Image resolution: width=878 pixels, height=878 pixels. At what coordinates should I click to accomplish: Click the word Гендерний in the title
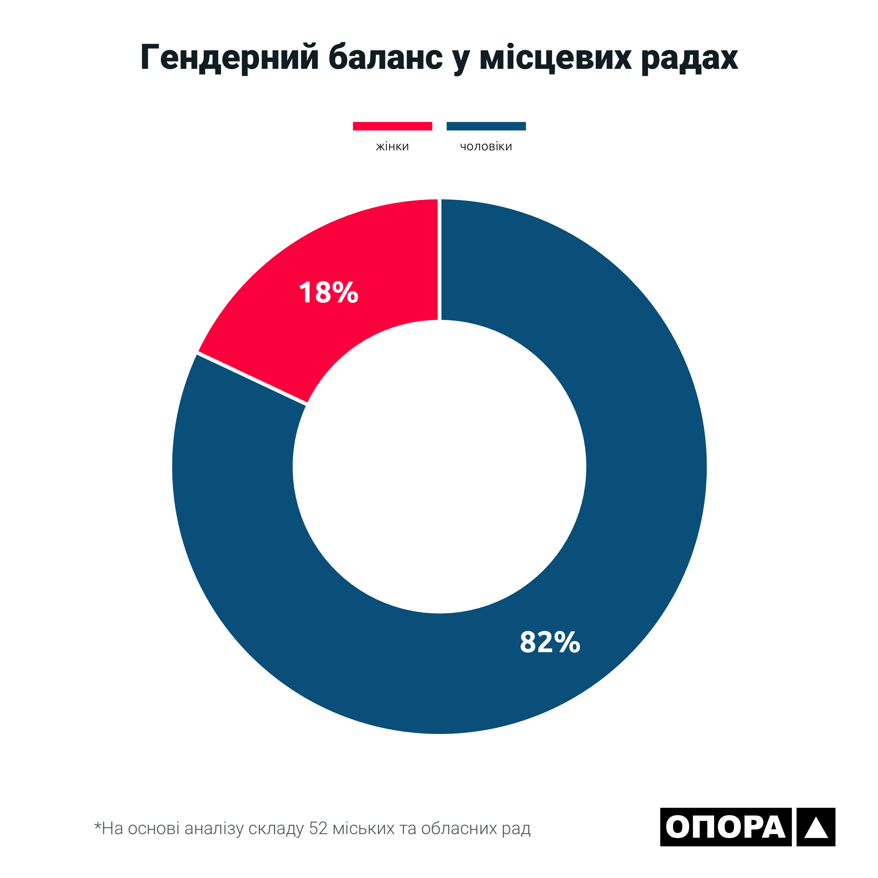pos(229,58)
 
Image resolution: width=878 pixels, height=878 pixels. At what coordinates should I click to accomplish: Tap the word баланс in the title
pos(385,58)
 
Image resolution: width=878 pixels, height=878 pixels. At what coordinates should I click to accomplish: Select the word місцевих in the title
pos(555,58)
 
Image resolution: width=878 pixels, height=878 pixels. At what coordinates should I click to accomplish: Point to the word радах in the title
pos(689,58)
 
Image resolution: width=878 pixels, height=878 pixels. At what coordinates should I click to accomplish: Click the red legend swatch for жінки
pos(392,126)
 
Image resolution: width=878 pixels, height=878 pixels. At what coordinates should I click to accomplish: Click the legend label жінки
pos(392,146)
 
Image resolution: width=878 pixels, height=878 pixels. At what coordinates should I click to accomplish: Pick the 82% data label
pos(550,642)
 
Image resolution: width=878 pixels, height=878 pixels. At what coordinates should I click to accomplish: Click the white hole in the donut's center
pos(439,466)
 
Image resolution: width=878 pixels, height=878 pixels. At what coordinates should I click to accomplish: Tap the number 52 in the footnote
pos(318,828)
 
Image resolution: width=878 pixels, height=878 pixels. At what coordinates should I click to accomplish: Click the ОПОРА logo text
pos(725,827)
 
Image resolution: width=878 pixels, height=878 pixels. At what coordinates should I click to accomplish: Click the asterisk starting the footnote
pos(97,825)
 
